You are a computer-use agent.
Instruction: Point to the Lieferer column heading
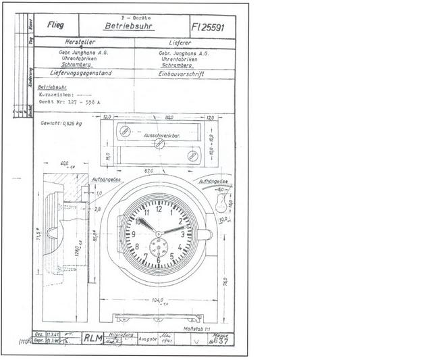pos(184,42)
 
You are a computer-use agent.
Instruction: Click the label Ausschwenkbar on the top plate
pos(159,136)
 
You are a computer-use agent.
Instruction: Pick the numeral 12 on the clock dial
pos(159,209)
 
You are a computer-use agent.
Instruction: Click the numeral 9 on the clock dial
pos(134,234)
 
